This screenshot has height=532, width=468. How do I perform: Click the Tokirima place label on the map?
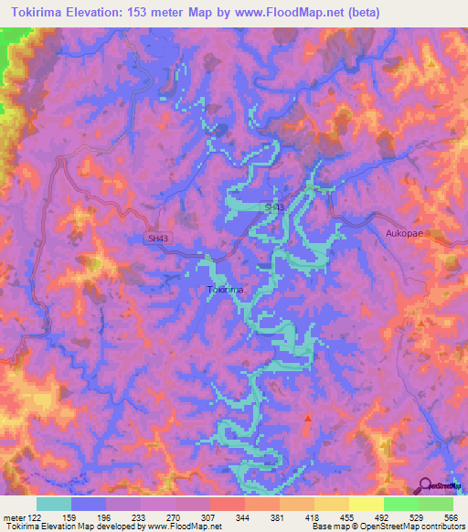click(x=225, y=290)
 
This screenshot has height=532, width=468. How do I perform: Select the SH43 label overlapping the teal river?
click(x=274, y=208)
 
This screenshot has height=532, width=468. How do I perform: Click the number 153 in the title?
click(x=157, y=13)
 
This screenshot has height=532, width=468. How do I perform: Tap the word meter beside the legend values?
click(x=15, y=516)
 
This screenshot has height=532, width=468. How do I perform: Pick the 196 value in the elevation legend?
click(x=106, y=516)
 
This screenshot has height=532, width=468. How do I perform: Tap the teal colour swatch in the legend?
click(x=54, y=504)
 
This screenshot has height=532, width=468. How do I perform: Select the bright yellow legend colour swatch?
click(x=367, y=504)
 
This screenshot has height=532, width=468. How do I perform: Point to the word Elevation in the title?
click(x=97, y=13)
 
